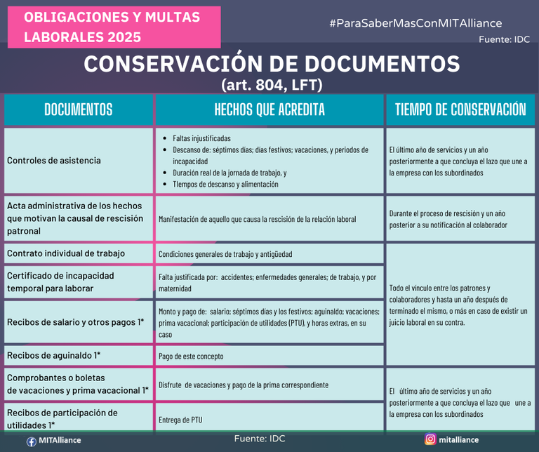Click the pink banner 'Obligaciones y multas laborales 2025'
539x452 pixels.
112,27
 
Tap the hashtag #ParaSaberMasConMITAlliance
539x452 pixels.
415,23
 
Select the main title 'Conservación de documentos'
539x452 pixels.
272,64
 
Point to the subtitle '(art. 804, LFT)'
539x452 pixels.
272,84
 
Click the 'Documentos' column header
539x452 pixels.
78,109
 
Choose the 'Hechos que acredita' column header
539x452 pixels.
269,109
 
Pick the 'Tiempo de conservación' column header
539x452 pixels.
460,109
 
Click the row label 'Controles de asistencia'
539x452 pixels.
54,161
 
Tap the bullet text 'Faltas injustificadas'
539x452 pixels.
201,138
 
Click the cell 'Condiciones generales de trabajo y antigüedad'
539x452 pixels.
225,254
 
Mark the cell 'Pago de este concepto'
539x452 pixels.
191,356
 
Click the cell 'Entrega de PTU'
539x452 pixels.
180,420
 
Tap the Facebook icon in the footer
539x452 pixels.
32,441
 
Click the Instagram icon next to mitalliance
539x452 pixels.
430,439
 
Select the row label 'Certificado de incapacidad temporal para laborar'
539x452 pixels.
60,281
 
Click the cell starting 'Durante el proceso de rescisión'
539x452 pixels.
458,219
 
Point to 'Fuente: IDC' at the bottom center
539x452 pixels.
260,439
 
